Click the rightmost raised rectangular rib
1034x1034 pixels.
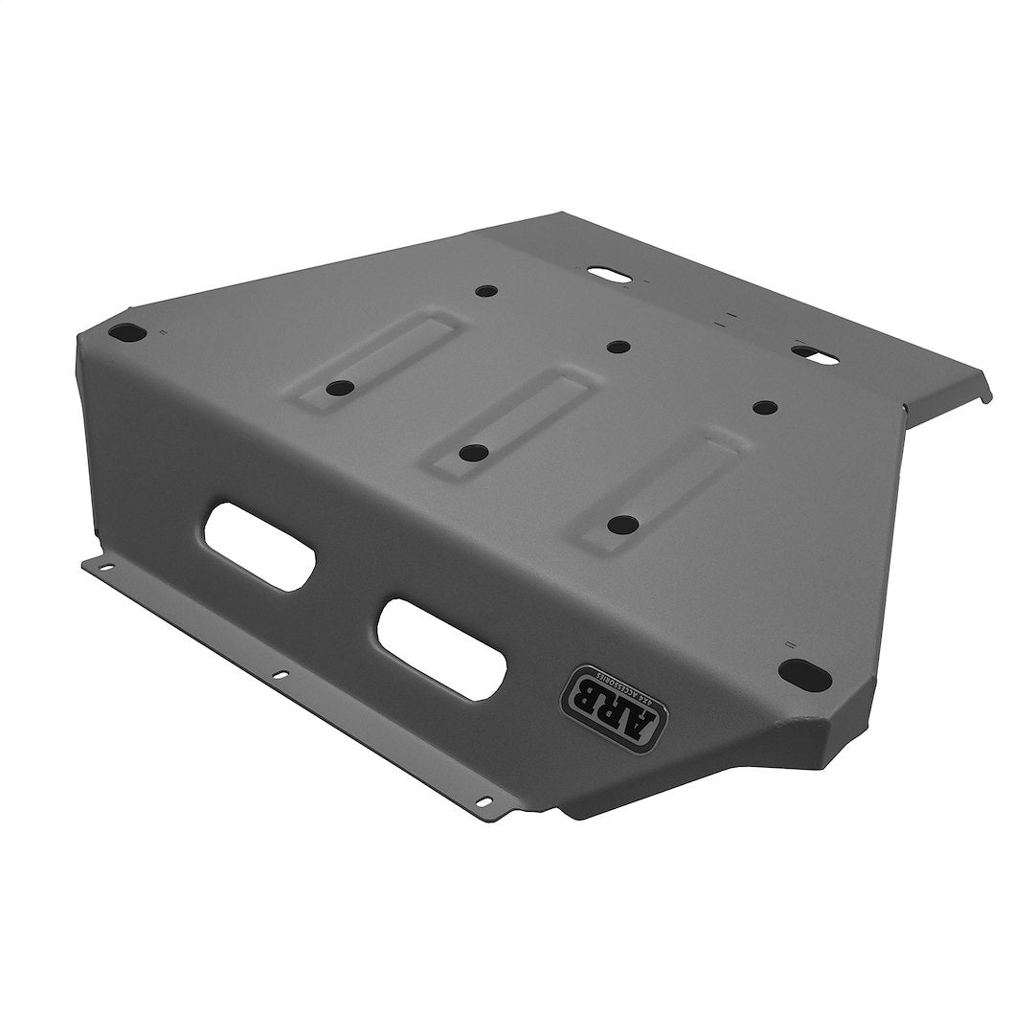660,487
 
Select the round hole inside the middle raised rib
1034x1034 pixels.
470,451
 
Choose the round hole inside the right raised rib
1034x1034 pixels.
622,524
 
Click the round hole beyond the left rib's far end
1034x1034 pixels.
485,289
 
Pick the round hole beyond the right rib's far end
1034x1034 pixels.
764,407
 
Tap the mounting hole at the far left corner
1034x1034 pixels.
124,332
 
